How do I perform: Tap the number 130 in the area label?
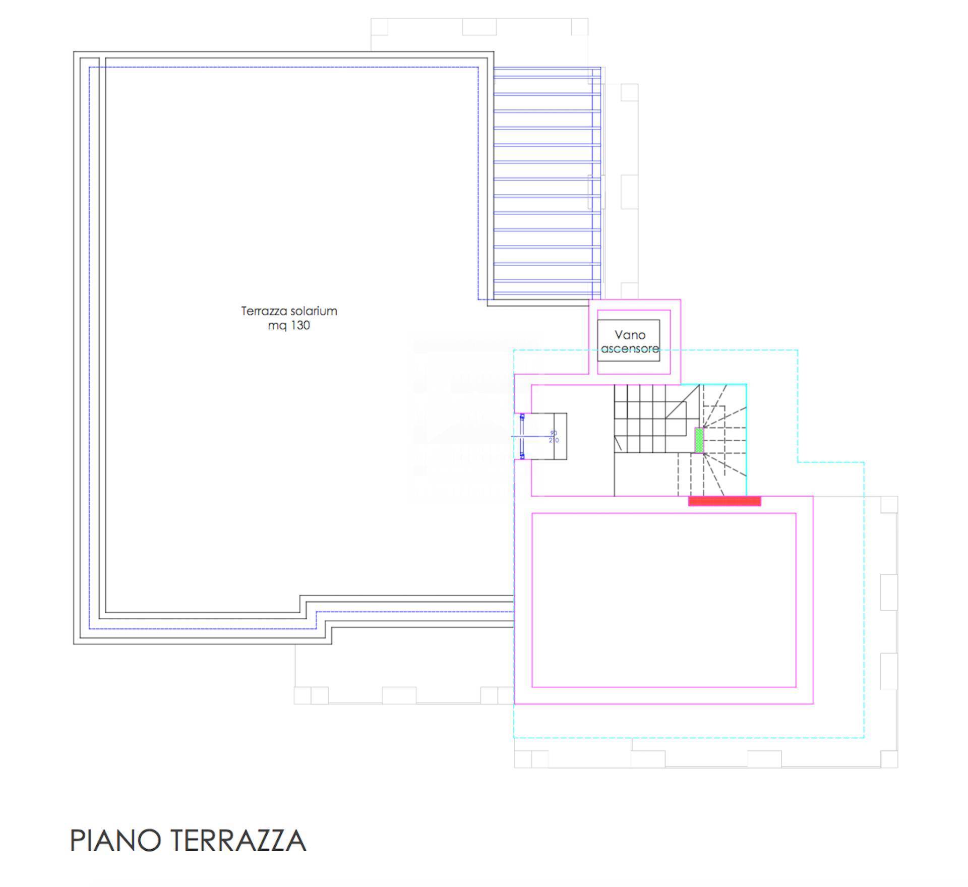pos(300,326)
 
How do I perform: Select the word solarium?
pos(314,311)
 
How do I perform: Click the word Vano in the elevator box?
pos(630,335)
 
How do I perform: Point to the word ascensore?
pos(630,348)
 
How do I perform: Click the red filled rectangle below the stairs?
pos(724,501)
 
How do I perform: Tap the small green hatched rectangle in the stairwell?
pos(699,441)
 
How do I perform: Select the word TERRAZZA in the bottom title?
pos(238,840)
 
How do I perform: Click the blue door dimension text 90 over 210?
pos(554,437)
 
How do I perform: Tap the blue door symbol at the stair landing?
pos(522,436)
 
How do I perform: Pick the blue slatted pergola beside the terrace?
pos(547,182)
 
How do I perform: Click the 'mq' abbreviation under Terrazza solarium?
pos(277,326)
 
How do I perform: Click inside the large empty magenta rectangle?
pos(663,600)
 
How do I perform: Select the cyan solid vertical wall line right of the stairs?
pos(746,439)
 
